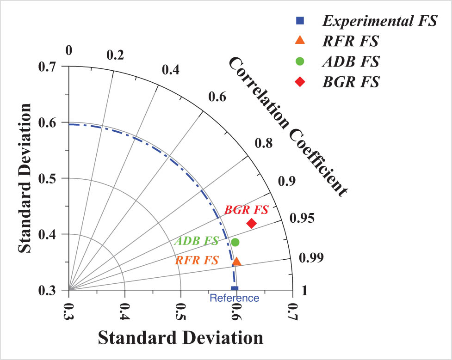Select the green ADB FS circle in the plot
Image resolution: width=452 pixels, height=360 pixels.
point(235,242)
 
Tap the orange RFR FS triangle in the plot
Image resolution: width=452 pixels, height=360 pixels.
point(236,262)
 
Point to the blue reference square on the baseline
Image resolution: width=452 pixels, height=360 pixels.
point(234,289)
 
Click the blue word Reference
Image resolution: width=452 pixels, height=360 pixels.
point(235,298)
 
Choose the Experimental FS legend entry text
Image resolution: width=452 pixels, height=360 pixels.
point(380,21)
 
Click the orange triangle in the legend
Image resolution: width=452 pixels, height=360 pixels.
point(300,40)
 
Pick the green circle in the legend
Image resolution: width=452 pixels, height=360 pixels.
point(300,61)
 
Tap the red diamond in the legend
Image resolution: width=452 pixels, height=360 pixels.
point(300,82)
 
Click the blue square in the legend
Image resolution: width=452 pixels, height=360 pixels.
point(300,20)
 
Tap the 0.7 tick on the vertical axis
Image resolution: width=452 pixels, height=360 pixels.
point(47,67)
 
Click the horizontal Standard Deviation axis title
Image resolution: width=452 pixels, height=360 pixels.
point(180,337)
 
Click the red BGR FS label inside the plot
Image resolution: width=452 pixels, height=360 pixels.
point(247,210)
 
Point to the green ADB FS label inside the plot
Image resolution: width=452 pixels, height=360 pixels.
point(196,241)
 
